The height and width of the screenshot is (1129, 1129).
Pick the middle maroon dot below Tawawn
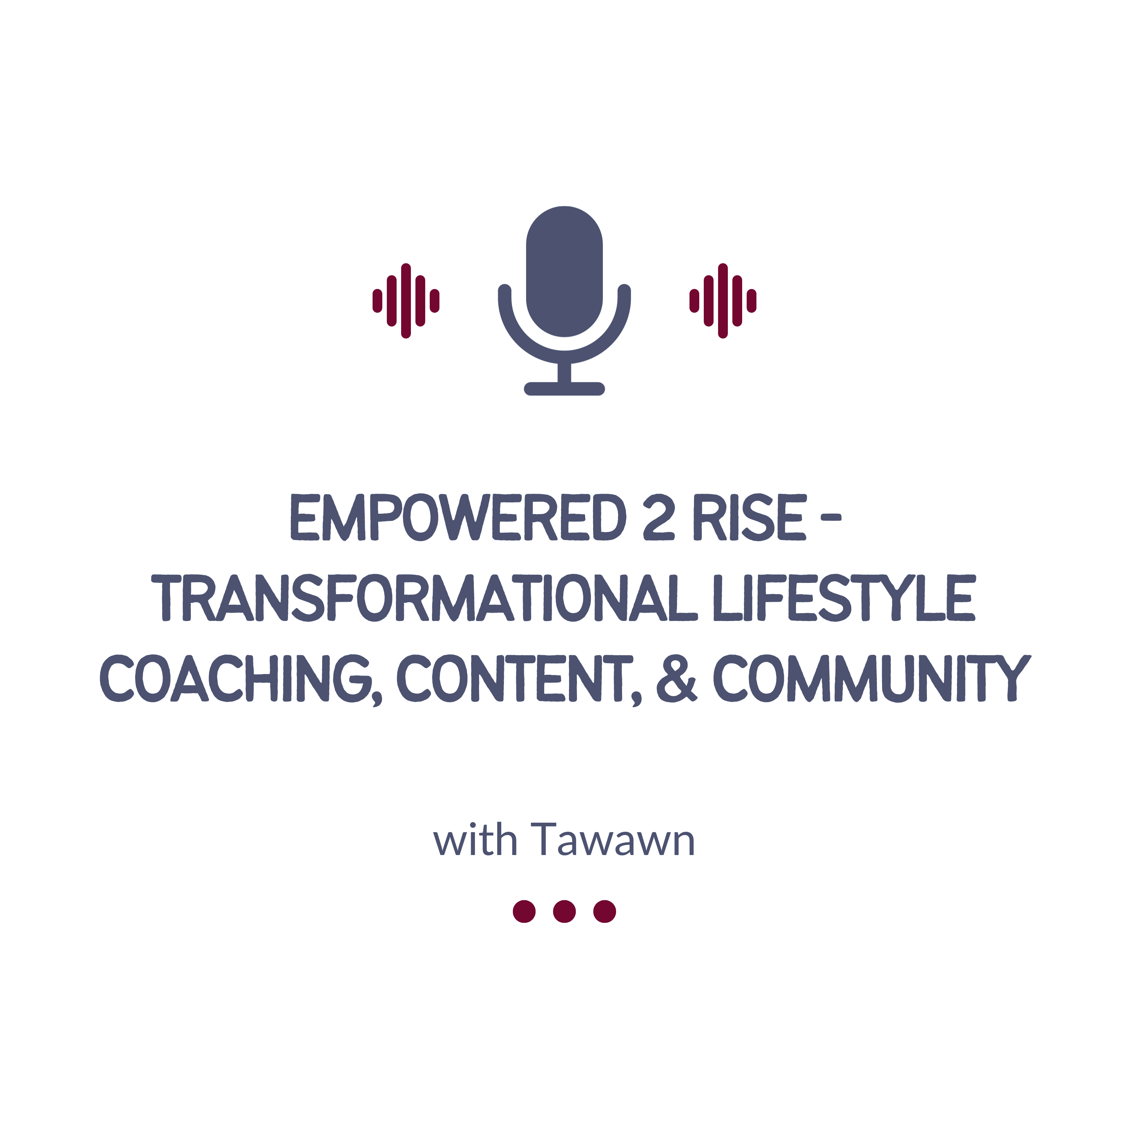pos(564,911)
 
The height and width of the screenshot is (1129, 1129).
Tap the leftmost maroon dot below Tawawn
pos(524,911)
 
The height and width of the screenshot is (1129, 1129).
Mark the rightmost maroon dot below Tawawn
pos(605,911)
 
